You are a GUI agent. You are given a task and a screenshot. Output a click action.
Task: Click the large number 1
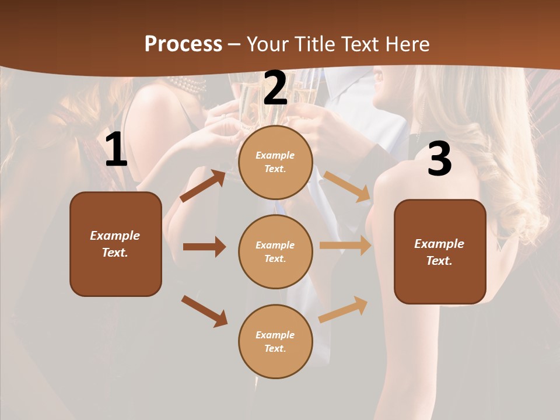point(116,150)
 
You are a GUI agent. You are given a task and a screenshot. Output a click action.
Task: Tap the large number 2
point(275,88)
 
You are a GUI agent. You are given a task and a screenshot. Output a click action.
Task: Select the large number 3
point(439,159)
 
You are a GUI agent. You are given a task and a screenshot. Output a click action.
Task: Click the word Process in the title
point(183,44)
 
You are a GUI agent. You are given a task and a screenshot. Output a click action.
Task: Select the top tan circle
point(275,162)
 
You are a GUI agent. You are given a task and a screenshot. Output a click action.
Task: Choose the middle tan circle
point(275,252)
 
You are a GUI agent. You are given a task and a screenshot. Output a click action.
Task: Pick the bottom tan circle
point(275,342)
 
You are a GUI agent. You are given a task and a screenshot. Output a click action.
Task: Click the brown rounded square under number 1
point(116,244)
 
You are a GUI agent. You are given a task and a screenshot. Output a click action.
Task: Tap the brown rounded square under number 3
point(440,252)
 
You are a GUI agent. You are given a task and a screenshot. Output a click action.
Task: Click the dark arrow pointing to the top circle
point(203,186)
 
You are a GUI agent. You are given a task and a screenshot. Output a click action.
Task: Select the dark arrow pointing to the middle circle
point(204,247)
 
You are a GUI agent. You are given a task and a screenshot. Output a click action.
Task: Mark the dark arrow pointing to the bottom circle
point(204,311)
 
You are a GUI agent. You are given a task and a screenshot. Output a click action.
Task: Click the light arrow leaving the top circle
point(347,186)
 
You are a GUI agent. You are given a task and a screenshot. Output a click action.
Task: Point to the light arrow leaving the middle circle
point(345,246)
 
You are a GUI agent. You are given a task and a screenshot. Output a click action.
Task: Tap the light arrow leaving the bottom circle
point(344,309)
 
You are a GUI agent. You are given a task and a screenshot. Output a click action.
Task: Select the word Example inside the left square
point(115,236)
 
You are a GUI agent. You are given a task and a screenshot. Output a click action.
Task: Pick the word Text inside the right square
point(439,261)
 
